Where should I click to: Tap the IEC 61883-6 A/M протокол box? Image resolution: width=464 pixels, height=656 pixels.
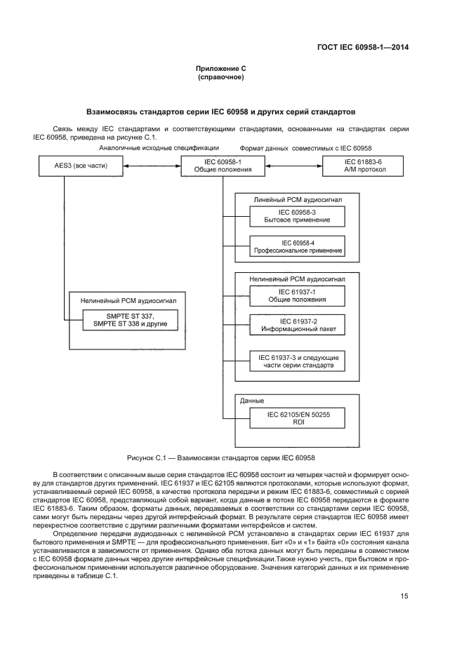pos(363,166)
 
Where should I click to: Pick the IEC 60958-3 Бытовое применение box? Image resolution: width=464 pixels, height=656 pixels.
pos(298,216)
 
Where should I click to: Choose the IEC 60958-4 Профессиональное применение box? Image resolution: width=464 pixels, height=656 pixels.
pos(298,246)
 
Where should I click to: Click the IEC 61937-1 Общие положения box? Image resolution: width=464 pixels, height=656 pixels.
pos(298,295)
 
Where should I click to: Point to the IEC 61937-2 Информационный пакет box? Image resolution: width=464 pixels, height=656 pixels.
pos(298,325)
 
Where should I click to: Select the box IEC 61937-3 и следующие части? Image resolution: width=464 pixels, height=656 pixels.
pos(298,361)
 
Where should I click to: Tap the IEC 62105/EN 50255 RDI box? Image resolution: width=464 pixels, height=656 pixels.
pos(298,419)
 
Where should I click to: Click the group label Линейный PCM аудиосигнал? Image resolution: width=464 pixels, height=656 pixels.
pos(298,200)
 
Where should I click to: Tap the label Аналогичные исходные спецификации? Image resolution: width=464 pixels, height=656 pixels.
pos(159,149)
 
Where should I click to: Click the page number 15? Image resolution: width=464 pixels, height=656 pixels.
pos(404,596)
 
